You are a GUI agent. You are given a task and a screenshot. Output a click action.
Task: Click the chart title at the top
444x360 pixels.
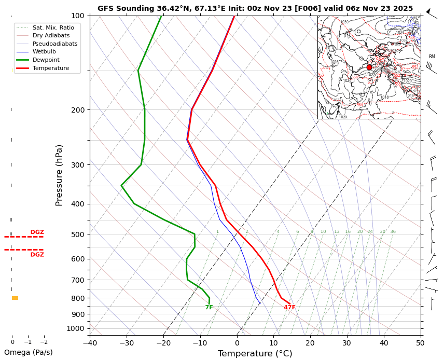coord(255,8)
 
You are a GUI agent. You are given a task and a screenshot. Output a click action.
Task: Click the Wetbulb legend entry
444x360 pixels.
coord(44,52)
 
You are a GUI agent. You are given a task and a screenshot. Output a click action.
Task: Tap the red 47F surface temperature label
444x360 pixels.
coord(289,308)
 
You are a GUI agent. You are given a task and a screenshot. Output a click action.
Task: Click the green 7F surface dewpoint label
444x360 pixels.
coord(209,308)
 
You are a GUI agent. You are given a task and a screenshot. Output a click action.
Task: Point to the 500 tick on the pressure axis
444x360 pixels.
coord(77,234)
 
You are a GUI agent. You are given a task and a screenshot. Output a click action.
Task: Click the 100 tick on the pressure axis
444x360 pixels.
coord(77,16)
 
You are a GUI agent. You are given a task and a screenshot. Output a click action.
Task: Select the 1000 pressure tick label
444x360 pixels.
coord(76,328)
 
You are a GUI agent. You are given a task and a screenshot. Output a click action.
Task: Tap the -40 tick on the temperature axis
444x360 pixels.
coord(90,342)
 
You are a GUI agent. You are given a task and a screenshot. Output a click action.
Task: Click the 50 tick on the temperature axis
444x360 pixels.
coord(421,342)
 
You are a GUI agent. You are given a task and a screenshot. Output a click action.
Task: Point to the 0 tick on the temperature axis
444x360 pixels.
coord(237,342)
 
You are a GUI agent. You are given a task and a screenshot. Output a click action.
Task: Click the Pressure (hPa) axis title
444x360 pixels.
coord(59,175)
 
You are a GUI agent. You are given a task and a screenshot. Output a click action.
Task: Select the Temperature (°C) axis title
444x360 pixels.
coord(255,354)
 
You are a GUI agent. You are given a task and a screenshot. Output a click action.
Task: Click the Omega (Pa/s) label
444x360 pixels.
coord(29,353)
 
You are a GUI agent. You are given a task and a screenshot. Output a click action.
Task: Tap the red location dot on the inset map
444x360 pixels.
coord(369,67)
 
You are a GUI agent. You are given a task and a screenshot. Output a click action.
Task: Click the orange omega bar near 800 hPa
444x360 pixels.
coord(15,298)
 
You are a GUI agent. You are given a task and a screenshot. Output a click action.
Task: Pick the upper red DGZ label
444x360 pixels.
coord(37,232)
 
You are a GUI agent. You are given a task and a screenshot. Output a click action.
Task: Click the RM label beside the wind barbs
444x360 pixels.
coord(432,57)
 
